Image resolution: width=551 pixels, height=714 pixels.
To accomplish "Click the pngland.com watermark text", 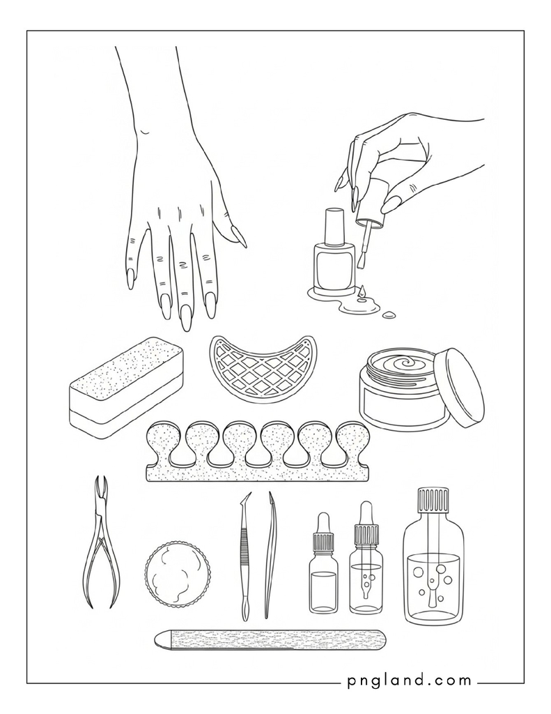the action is (409, 681).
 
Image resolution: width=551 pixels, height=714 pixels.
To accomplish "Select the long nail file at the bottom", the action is (270, 639).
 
